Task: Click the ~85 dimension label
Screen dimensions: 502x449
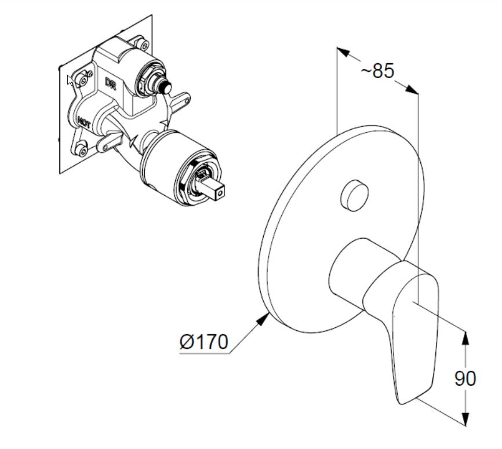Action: pyautogui.click(x=377, y=71)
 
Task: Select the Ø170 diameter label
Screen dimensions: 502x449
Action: pyautogui.click(x=204, y=342)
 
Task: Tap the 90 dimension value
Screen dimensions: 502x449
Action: pyautogui.click(x=465, y=378)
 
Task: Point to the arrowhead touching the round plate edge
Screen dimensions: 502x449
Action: pyautogui.click(x=264, y=319)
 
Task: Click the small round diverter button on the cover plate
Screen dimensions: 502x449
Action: pyautogui.click(x=354, y=195)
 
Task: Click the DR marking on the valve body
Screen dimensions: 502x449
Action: pyautogui.click(x=111, y=83)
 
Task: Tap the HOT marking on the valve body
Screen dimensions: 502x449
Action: pyautogui.click(x=84, y=122)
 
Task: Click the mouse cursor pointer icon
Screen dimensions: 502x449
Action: pyautogui.click(x=70, y=81)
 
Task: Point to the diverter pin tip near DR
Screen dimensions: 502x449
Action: pyautogui.click(x=166, y=87)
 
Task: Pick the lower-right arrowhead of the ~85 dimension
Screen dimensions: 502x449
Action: pyautogui.click(x=412, y=89)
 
